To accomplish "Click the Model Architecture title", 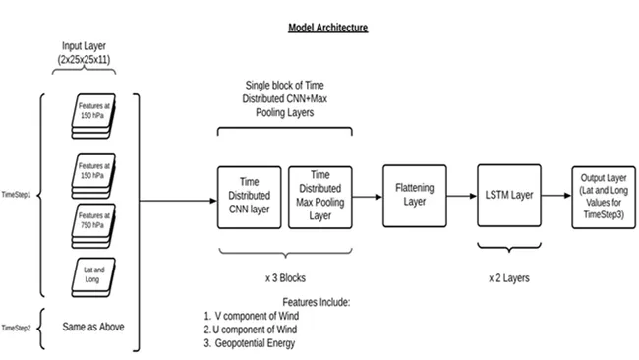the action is click(x=328, y=28).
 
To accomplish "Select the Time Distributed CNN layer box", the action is click(x=250, y=198).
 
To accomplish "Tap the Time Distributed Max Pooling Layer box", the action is click(x=320, y=198).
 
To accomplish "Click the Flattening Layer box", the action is click(x=415, y=196).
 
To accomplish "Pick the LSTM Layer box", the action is click(x=509, y=196).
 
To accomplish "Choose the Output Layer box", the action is click(x=604, y=197).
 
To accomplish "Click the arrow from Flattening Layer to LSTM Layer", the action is click(x=462, y=196).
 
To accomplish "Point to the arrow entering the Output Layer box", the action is click(x=556, y=196).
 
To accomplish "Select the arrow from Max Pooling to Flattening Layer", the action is click(x=368, y=197).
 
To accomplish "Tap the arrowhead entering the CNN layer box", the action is click(x=213, y=201).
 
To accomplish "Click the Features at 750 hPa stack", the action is click(x=93, y=226).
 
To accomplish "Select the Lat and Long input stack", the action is click(x=93, y=277).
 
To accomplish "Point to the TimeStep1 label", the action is click(x=16, y=195).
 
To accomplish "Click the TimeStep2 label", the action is click(x=16, y=329).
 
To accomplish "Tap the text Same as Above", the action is click(x=93, y=327).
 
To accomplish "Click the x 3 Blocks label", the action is click(x=285, y=278).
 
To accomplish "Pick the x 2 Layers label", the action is click(x=509, y=278).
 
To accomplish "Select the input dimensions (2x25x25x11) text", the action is click(x=84, y=60).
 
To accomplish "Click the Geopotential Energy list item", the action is click(x=250, y=343).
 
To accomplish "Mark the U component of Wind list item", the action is click(x=251, y=330).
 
